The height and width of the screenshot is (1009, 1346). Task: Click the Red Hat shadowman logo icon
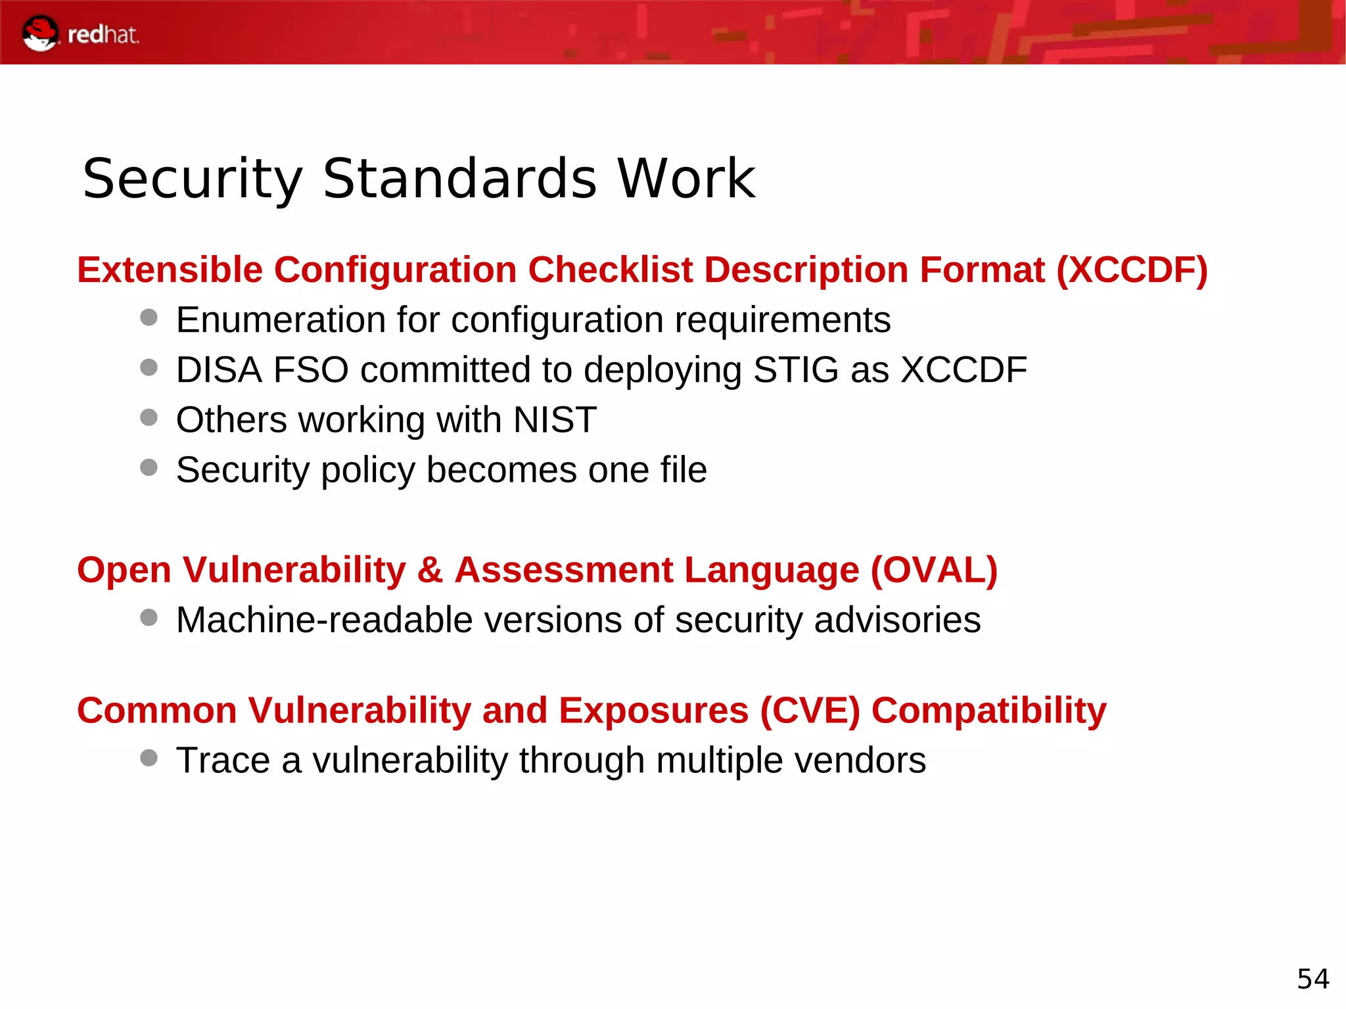39,33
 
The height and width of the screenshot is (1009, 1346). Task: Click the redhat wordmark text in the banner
103,35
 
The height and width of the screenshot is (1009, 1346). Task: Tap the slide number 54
1312,979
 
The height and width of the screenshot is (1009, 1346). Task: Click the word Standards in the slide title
459,179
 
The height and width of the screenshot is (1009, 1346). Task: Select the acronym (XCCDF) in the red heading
1132,270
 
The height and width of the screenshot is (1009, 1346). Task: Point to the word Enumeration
281,320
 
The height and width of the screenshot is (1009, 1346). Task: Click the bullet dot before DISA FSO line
149,367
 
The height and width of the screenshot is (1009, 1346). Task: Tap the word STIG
796,370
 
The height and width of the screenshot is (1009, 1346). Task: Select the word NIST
555,420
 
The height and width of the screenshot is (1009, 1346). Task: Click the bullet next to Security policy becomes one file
149,467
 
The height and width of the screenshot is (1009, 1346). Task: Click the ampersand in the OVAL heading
430,570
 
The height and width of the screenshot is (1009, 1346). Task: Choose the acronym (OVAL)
934,570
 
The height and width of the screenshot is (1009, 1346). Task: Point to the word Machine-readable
324,620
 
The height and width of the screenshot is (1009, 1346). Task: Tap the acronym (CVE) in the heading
810,711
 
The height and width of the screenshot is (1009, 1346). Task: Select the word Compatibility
988,711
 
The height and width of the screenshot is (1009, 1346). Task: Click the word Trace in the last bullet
223,761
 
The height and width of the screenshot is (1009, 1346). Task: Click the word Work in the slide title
687,179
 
